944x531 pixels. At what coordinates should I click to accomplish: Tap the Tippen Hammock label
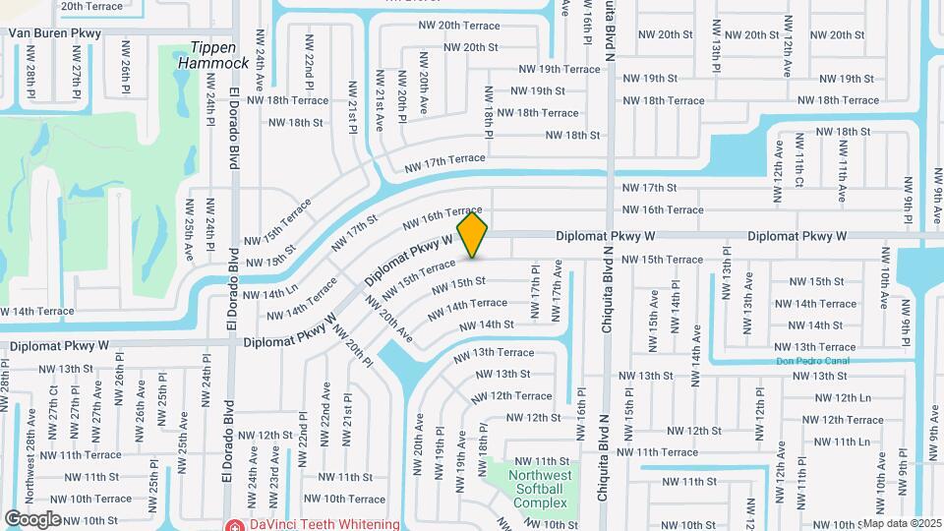click(213, 56)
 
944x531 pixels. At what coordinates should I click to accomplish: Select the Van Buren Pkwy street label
click(55, 32)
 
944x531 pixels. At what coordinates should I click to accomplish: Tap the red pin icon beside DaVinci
click(234, 525)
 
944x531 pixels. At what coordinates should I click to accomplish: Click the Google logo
click(32, 518)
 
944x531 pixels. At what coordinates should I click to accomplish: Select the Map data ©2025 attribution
click(902, 523)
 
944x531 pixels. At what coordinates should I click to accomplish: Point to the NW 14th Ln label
click(269, 293)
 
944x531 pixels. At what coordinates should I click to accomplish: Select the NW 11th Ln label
click(837, 442)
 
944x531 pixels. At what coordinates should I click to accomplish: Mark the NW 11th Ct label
click(798, 169)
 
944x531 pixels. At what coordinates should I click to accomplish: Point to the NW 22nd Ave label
click(324, 403)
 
